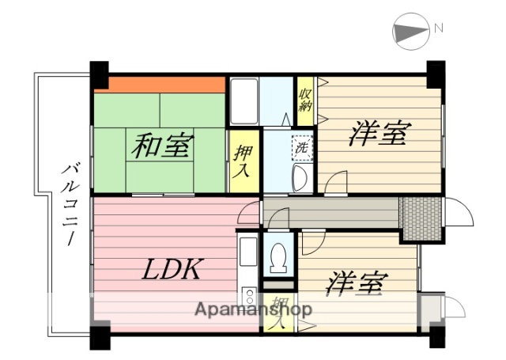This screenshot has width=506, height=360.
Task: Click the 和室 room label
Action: click(x=164, y=146)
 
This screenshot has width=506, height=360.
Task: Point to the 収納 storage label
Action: click(x=305, y=100)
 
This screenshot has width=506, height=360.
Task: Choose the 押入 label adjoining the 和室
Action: click(x=244, y=160)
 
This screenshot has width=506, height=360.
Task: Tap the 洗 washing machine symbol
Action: click(x=302, y=146)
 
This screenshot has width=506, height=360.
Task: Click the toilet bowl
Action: click(x=278, y=256)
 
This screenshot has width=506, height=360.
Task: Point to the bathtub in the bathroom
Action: click(x=244, y=100)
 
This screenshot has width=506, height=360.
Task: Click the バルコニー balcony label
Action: click(x=70, y=203)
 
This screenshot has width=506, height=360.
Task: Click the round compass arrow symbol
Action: click(x=407, y=32)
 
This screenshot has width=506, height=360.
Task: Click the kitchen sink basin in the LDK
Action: click(x=247, y=254)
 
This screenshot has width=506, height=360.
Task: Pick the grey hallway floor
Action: click(x=332, y=212)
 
